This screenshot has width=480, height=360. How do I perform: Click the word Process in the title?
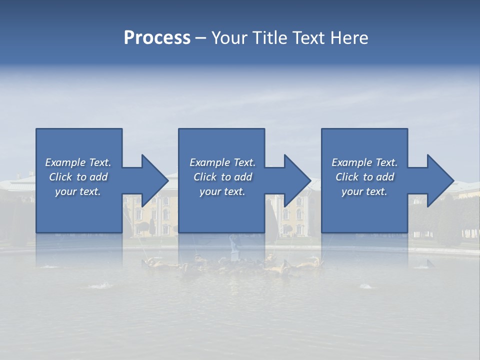(x=157, y=38)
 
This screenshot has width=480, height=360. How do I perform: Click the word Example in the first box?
(x=65, y=162)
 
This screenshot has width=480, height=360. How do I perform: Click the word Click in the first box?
(x=60, y=177)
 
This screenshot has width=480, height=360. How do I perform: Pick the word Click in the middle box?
(x=205, y=177)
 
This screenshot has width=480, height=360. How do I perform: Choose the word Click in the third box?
(x=347, y=177)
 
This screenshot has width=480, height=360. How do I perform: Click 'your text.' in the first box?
(x=78, y=191)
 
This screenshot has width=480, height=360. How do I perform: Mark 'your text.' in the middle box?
(x=222, y=191)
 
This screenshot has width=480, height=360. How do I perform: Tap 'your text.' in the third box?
(x=364, y=191)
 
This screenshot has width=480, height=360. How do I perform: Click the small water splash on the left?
(x=101, y=285)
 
